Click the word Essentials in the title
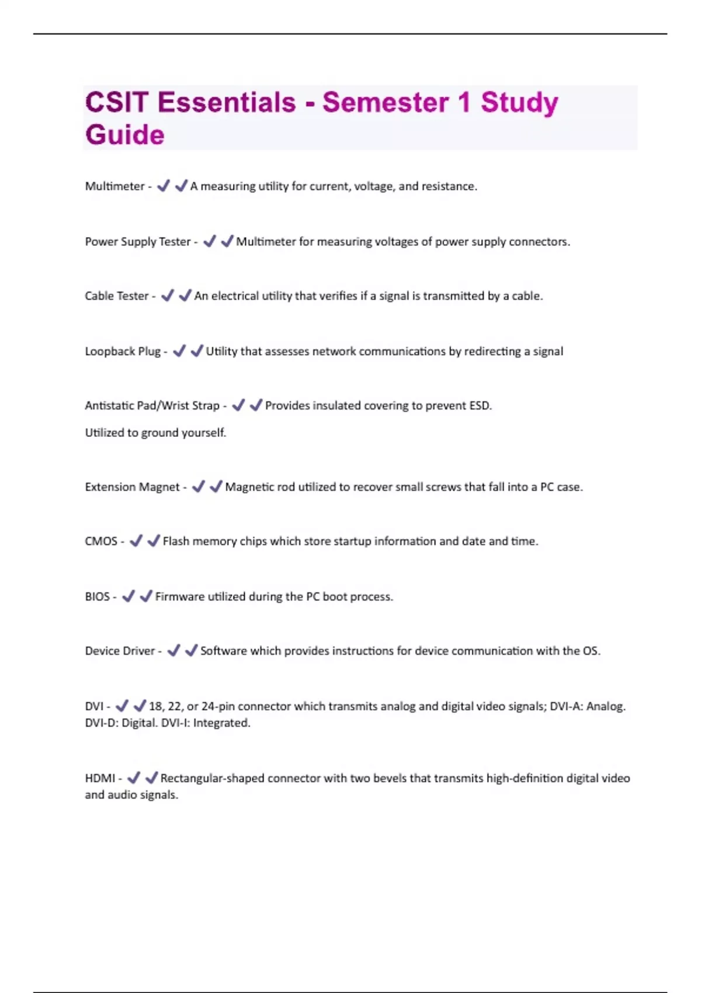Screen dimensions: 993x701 pyautogui.click(x=227, y=103)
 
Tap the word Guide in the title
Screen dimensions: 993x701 pyautogui.click(x=125, y=135)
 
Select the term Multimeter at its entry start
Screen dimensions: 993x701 pyautogui.click(x=114, y=186)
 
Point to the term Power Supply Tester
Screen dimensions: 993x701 pyautogui.click(x=138, y=242)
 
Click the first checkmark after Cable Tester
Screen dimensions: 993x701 pyautogui.click(x=167, y=296)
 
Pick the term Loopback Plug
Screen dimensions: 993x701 pyautogui.click(x=123, y=351)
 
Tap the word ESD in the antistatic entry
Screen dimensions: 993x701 pyautogui.click(x=480, y=405)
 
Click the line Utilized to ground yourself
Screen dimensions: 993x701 pyautogui.click(x=155, y=433)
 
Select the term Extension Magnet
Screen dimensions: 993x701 pyautogui.click(x=132, y=487)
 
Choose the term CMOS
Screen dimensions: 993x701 pyautogui.click(x=101, y=541)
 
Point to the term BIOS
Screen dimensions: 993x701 pyautogui.click(x=97, y=596)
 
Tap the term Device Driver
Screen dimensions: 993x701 pyautogui.click(x=120, y=651)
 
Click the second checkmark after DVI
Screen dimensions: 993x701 pyautogui.click(x=140, y=706)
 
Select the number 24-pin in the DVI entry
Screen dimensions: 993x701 pyautogui.click(x=218, y=706)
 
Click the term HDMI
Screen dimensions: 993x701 pyautogui.click(x=100, y=778)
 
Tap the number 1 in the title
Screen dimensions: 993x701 pyautogui.click(x=464, y=103)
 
